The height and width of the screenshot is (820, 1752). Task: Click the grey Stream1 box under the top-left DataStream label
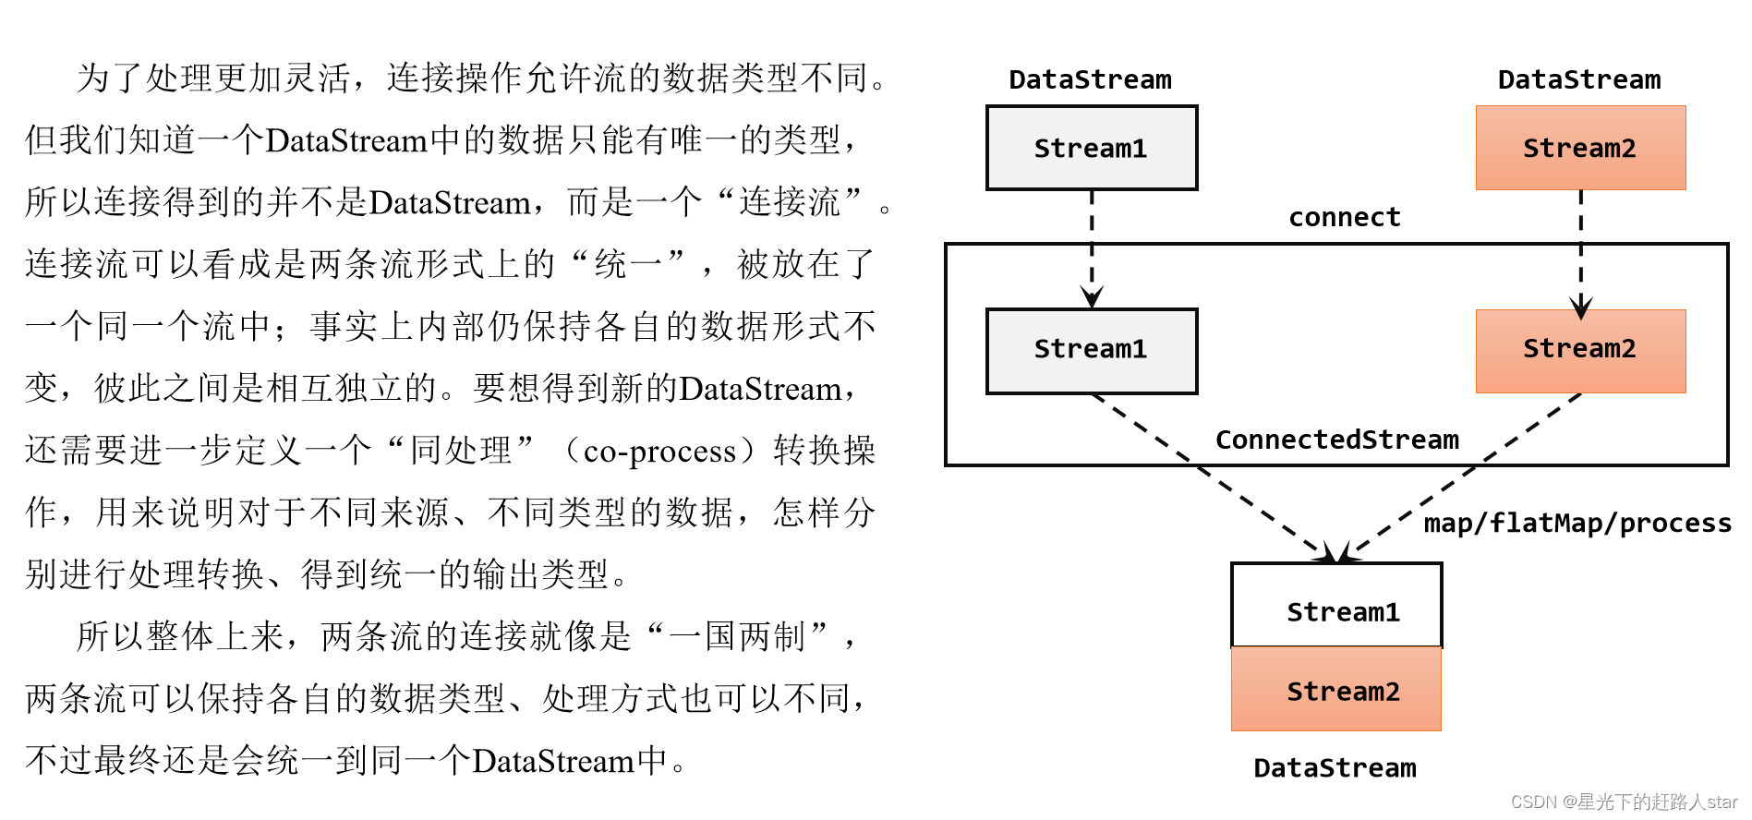pyautogui.click(x=1091, y=148)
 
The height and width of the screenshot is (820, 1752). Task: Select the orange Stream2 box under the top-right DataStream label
pyautogui.click(x=1580, y=148)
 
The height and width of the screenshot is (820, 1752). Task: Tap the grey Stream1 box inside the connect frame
pyautogui.click(x=1091, y=350)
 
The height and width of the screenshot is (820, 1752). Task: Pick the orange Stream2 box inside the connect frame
pyautogui.click(x=1580, y=350)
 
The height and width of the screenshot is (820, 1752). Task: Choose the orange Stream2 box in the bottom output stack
pyautogui.click(x=1336, y=690)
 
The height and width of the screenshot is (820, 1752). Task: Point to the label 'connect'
pyautogui.click(x=1345, y=217)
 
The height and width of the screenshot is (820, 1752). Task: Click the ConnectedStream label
pyautogui.click(x=1336, y=440)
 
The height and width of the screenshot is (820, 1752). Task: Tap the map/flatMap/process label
pyautogui.click(x=1577, y=523)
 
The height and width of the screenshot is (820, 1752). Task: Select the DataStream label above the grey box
pyautogui.click(x=1090, y=79)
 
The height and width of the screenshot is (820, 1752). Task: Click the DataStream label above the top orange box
pyautogui.click(x=1579, y=79)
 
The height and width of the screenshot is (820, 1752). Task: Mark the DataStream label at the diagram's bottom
pyautogui.click(x=1335, y=767)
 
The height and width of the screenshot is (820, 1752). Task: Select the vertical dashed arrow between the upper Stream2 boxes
pyautogui.click(x=1581, y=249)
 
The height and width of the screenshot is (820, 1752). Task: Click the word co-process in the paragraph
pyautogui.click(x=659, y=451)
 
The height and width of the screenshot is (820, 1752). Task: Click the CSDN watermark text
pyautogui.click(x=1624, y=802)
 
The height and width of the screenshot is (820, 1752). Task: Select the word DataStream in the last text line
pyautogui.click(x=552, y=761)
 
